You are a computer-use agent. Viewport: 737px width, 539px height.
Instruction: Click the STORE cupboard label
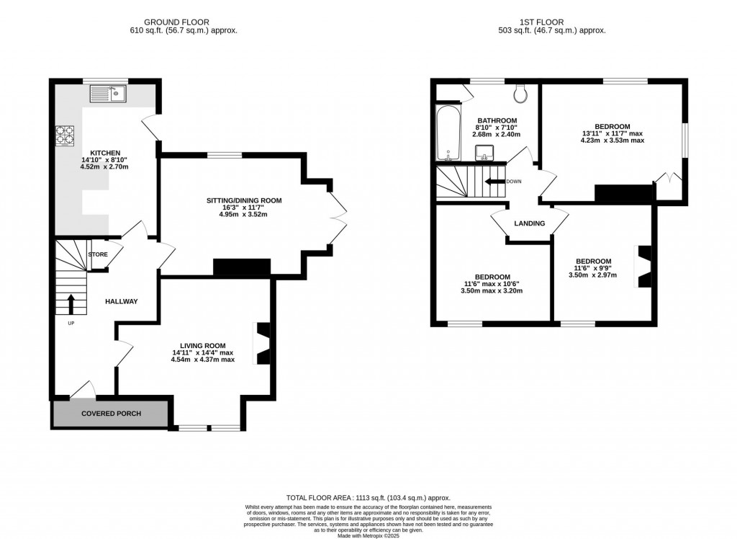98,254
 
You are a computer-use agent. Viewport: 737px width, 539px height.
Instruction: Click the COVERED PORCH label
111,414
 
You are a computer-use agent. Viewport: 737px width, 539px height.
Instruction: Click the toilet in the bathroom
522,93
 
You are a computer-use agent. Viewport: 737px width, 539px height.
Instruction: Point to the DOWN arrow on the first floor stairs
496,182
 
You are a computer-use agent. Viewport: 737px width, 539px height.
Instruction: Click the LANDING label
529,223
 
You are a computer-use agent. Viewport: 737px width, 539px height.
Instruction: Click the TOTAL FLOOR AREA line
368,497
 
